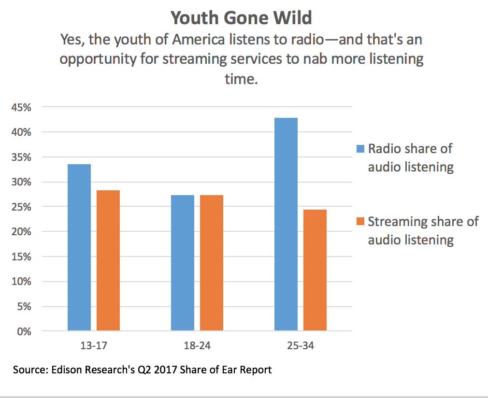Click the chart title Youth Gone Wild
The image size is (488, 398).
click(241, 18)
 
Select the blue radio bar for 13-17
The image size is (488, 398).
click(79, 247)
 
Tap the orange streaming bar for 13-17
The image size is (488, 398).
click(108, 260)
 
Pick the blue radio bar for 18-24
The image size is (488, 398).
click(183, 263)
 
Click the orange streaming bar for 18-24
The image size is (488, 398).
click(212, 263)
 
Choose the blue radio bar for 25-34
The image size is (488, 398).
click(286, 225)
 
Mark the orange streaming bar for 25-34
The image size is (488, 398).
click(315, 270)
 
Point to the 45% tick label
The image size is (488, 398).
click(21, 107)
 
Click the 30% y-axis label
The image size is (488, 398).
click(21, 182)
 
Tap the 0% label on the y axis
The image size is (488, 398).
click(24, 332)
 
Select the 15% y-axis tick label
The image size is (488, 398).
click(21, 257)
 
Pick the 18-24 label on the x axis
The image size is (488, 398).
click(197, 346)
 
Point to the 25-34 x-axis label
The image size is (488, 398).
click(301, 346)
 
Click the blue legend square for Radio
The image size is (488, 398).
click(360, 149)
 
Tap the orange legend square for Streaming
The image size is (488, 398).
click(360, 222)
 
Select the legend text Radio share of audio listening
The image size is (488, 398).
click(411, 157)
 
